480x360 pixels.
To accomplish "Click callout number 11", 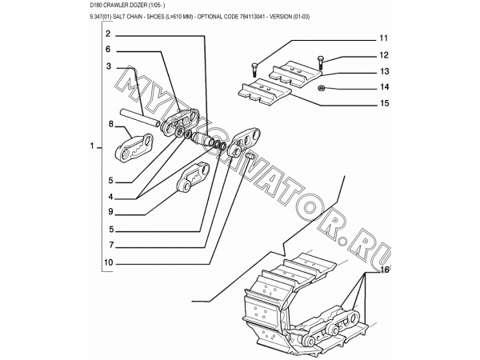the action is coord(383,38).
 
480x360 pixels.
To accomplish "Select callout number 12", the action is coord(384,55).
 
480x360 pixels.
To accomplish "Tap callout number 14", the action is coord(384,87).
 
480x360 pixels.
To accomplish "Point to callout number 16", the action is coord(385,270).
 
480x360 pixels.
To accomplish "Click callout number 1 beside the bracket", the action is coord(92,146).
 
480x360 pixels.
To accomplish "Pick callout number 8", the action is coord(111,124).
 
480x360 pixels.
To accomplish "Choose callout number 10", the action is coord(108,262).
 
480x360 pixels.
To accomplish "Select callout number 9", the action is coord(110,211).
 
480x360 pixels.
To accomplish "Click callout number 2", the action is coord(108,34).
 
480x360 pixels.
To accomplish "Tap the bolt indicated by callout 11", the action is coord(254,70).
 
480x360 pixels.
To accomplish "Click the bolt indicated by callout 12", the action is coord(321,62).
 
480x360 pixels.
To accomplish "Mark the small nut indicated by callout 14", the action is coord(322,88).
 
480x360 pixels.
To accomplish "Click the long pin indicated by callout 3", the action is coord(140,118).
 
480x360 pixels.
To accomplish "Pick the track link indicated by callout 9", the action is coord(194,178).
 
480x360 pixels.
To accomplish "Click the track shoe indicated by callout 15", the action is coord(265,93).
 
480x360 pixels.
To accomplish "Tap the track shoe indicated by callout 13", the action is coord(295,74).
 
